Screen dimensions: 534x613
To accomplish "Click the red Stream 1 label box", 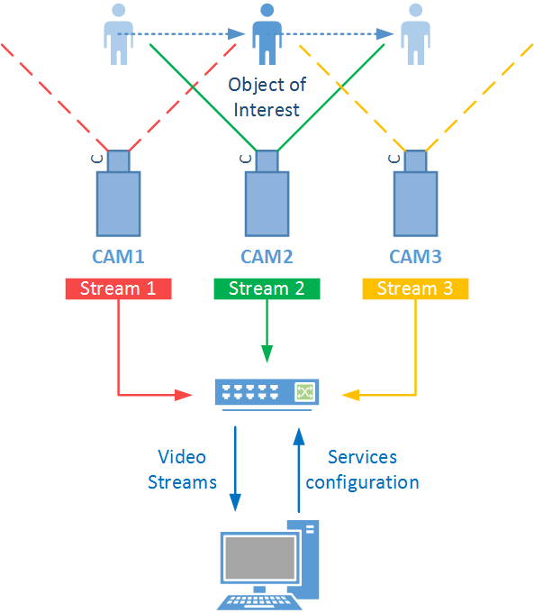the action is [118, 288].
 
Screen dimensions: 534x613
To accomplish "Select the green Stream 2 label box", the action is [267, 288].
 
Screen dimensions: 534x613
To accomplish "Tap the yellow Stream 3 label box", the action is [415, 288].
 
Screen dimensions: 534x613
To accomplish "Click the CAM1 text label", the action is [118, 257].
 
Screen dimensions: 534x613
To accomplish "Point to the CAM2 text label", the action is [267, 257].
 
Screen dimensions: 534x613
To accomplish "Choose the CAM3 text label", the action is [415, 257].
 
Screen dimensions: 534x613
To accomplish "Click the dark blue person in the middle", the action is [267, 34].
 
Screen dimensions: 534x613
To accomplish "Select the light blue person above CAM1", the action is [118, 34].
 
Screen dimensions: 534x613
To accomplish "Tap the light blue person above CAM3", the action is [416, 34].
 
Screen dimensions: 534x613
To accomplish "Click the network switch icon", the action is [267, 394].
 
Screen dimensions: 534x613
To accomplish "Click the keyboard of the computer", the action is [259, 601].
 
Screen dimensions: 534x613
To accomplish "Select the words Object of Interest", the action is [267, 97].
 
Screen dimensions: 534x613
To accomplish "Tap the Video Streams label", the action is [182, 470].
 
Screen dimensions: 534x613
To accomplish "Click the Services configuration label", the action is [362, 470].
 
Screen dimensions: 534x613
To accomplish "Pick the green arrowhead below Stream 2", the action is [267, 353].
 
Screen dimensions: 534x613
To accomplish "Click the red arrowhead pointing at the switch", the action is [184, 395].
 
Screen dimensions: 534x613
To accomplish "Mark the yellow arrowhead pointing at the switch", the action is [350, 395].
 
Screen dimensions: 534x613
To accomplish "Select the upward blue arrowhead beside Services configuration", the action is [299, 436].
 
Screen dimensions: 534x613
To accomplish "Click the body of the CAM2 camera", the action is [267, 204].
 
